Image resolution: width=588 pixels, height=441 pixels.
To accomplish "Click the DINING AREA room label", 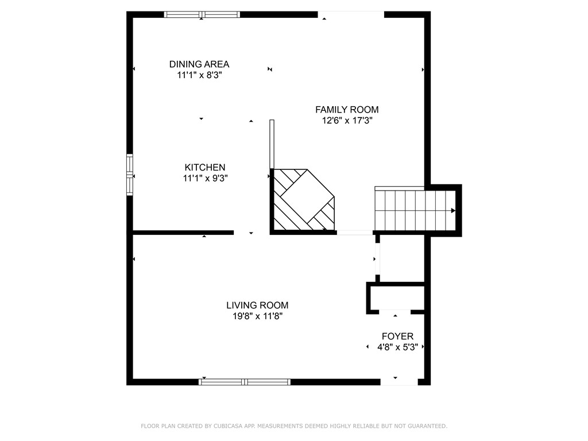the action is click(x=199, y=64).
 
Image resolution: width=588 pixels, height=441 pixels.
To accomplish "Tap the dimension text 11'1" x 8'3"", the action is click(x=199, y=75).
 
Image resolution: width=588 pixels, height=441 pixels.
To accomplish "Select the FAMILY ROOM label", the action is click(x=347, y=110).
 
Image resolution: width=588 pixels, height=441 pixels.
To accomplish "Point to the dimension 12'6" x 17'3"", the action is click(x=347, y=121).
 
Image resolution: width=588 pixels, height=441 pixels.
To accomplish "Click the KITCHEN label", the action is click(x=205, y=167).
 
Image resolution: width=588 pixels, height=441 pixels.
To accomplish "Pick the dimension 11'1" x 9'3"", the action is click(x=206, y=178).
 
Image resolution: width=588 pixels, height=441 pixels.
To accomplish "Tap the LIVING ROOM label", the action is click(x=257, y=305).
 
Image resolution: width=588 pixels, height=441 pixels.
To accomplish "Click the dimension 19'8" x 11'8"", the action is click(x=258, y=316).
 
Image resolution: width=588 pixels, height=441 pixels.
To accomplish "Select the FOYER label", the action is click(x=397, y=336).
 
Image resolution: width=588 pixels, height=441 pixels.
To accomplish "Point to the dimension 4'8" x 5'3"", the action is click(x=397, y=347).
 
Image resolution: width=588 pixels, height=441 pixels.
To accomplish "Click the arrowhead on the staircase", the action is click(x=453, y=211).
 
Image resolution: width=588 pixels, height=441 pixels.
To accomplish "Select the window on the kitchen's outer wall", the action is click(x=130, y=175).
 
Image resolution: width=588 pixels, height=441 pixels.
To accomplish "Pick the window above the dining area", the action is click(x=202, y=14).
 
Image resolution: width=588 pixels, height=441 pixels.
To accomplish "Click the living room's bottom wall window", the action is click(x=245, y=382).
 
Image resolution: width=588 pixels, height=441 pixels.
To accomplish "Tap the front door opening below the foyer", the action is click(x=399, y=382).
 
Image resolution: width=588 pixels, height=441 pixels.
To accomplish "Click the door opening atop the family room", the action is click(x=351, y=14).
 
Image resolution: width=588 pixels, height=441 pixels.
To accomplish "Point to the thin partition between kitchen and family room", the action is click(x=272, y=144).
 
